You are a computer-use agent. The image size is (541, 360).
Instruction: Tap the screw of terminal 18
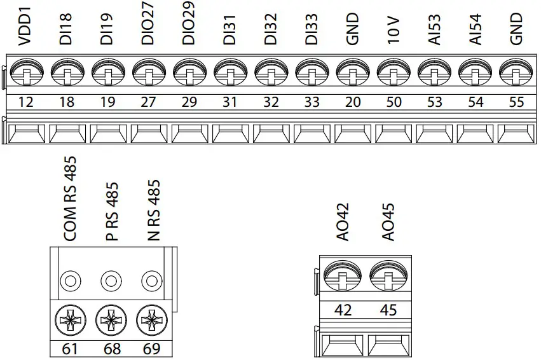(x=67, y=75)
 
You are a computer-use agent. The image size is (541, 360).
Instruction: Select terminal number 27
(x=148, y=102)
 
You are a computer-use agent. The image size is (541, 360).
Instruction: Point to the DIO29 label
(x=189, y=24)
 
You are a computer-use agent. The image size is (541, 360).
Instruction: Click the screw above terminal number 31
(x=229, y=75)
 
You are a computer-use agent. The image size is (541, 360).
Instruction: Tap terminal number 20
(x=353, y=102)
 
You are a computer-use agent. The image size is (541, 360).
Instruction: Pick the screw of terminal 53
(x=434, y=75)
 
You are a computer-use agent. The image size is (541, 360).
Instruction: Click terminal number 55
(x=516, y=102)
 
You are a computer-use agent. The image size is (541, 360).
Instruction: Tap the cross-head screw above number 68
(x=111, y=321)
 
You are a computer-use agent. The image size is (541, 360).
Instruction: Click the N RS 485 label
(x=153, y=210)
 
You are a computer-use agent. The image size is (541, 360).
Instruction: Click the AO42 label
(x=343, y=223)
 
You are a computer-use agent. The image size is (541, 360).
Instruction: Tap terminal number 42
(x=343, y=310)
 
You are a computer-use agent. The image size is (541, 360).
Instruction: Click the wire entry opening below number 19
(x=107, y=134)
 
